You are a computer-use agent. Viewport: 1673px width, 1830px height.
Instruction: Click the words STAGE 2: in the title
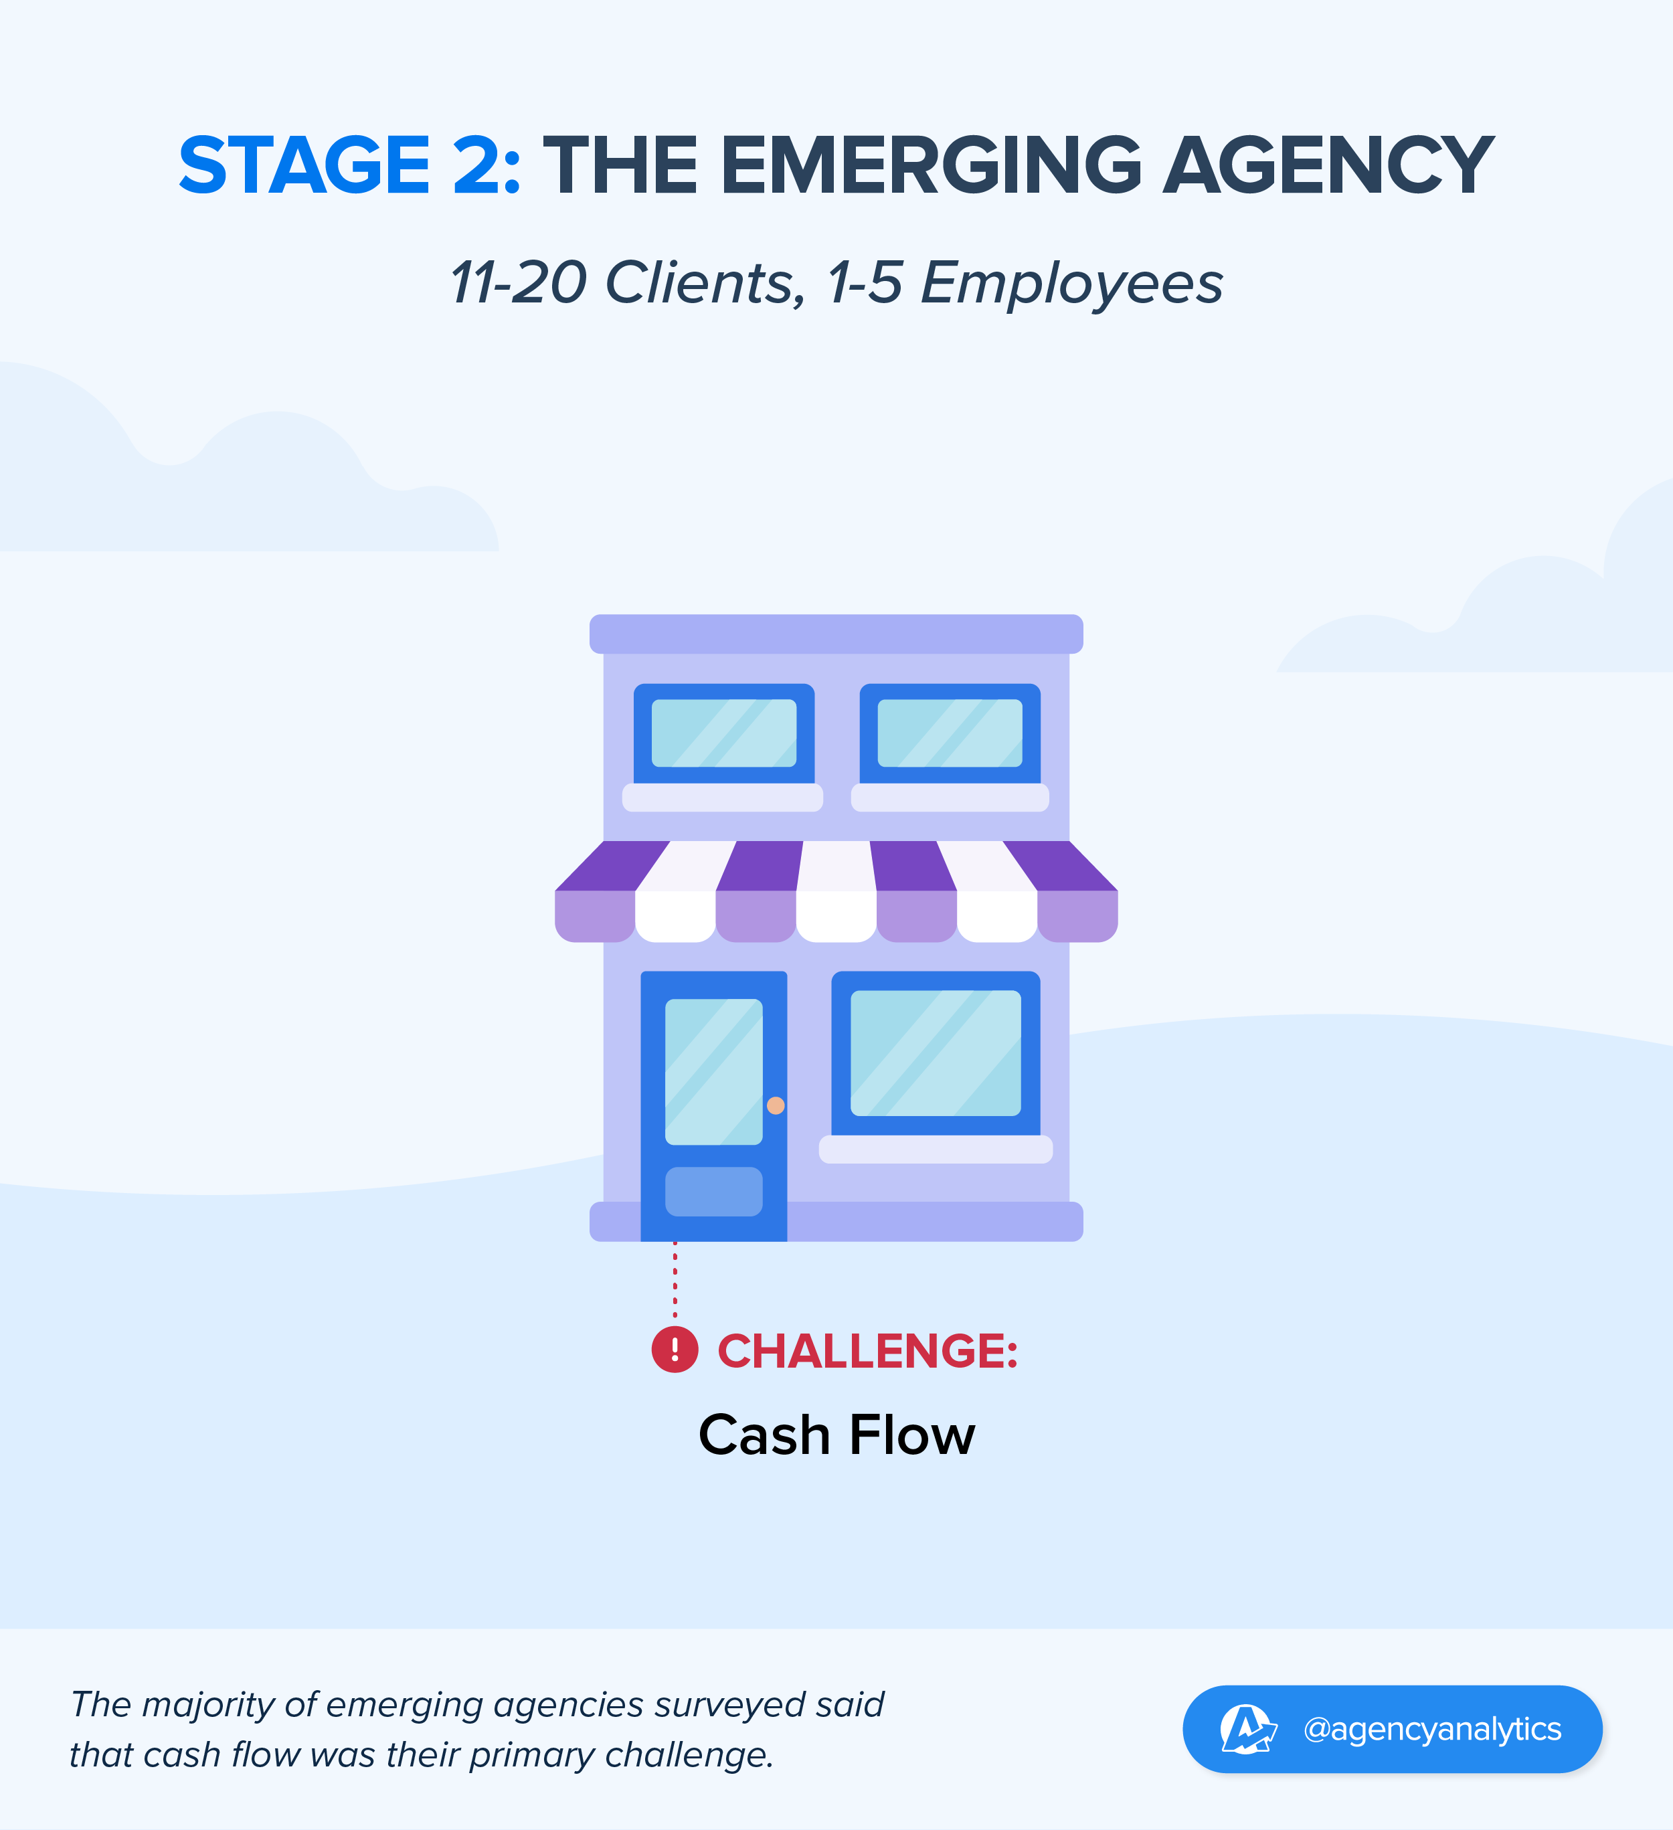[349, 165]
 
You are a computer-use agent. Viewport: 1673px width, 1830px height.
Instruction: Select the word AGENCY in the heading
[1329, 165]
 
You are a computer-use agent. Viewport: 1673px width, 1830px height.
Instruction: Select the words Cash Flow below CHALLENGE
[836, 1435]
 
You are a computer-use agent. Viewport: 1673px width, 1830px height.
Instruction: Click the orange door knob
[775, 1105]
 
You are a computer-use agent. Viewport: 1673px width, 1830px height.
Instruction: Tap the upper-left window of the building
[723, 733]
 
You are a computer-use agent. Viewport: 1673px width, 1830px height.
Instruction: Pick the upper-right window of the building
[950, 733]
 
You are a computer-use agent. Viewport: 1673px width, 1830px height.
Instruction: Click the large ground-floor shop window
[936, 1053]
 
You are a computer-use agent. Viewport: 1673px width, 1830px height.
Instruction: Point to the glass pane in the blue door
[713, 1071]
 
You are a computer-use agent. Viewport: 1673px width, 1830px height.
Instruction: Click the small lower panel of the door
[713, 1191]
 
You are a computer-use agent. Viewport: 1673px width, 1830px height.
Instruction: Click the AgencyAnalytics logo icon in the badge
[1247, 1728]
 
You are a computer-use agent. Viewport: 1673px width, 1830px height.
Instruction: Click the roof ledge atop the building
[836, 634]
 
